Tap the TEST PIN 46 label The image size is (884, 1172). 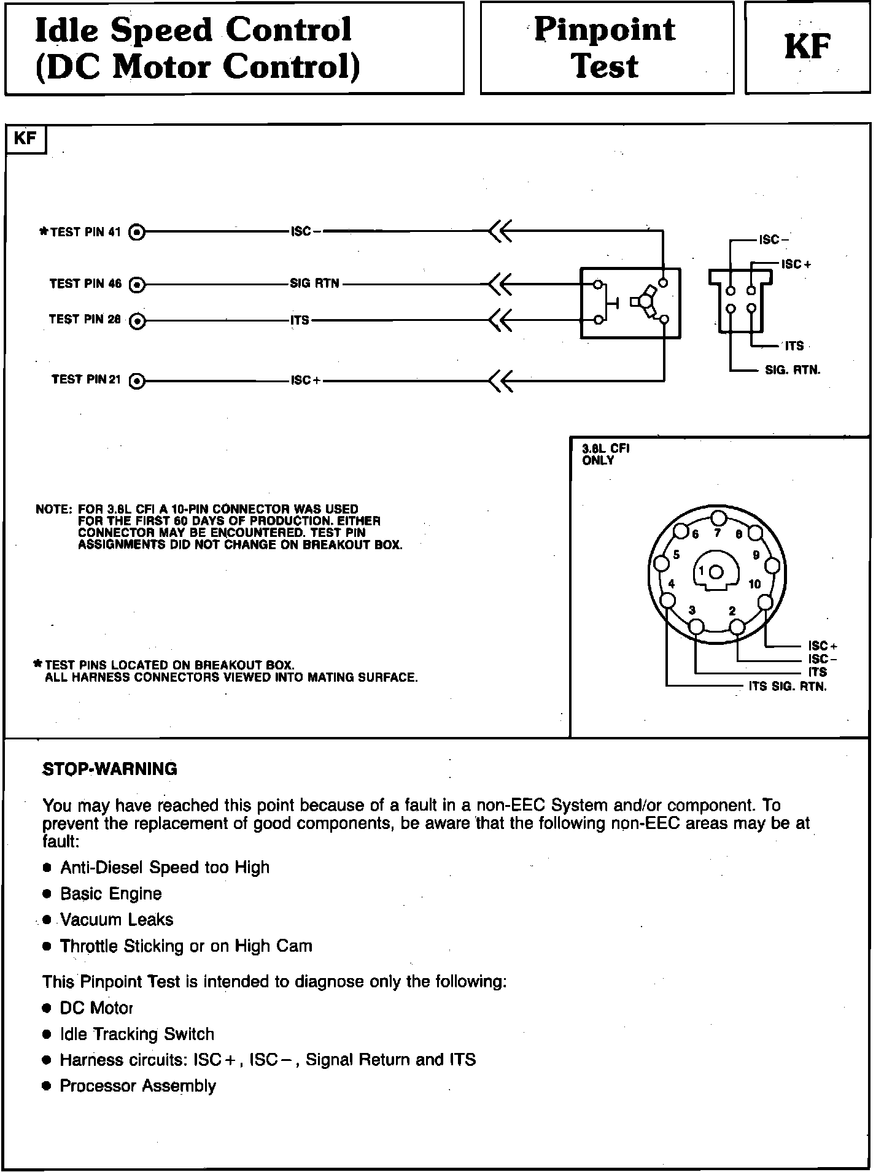click(85, 284)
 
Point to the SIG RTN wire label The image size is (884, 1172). click(314, 284)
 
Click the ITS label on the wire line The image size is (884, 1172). click(300, 320)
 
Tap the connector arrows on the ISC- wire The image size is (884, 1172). click(500, 232)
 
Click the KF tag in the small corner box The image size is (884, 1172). click(25, 139)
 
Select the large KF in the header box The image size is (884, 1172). click(807, 47)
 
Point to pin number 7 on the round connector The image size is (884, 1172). click(717, 533)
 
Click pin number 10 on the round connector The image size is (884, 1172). click(754, 584)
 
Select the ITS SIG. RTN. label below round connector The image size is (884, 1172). click(788, 687)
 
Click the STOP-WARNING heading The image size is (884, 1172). click(110, 769)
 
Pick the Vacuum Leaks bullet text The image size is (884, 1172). click(117, 920)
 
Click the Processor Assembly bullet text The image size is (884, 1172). click(138, 1086)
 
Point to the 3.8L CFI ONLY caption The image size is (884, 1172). click(605, 455)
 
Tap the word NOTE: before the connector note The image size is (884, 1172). click(53, 510)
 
